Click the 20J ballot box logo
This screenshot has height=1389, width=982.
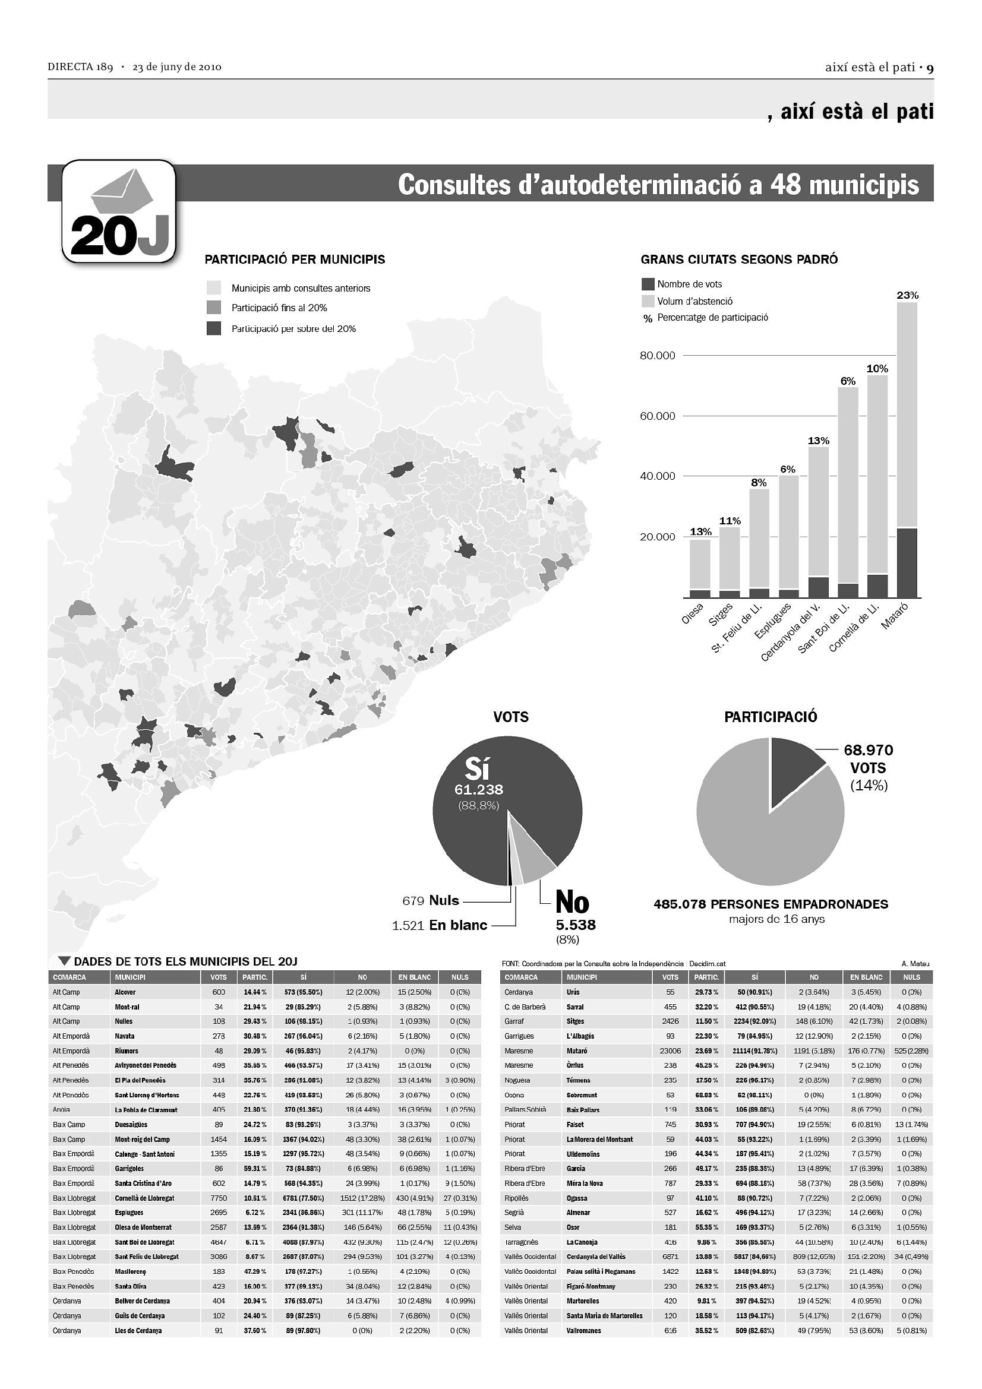click(x=119, y=211)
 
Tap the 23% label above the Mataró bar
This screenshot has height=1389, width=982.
click(x=907, y=295)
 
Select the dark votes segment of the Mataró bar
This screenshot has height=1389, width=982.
click(x=907, y=562)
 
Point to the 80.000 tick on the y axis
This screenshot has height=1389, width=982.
click(x=657, y=356)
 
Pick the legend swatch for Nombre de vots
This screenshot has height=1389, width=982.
click(x=648, y=284)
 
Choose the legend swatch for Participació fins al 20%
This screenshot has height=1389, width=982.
click(x=214, y=308)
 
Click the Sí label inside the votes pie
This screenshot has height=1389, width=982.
click(x=478, y=769)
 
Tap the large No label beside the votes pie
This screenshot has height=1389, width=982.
click(x=571, y=903)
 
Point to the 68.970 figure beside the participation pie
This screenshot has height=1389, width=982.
click(x=869, y=750)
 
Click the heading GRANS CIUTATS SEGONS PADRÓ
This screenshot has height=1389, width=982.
click(x=739, y=260)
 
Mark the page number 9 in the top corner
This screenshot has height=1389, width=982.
click(x=930, y=68)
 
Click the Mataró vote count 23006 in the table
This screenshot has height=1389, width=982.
click(x=670, y=1051)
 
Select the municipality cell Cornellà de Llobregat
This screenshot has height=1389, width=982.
click(x=144, y=1198)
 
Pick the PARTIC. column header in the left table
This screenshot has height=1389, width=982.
click(x=255, y=977)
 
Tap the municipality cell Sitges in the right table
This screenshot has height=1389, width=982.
click(x=576, y=1021)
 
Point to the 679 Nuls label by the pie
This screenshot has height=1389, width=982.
click(x=431, y=901)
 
